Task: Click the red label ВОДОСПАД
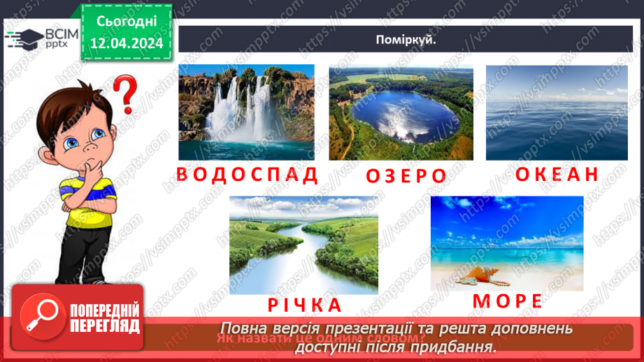[x=248, y=174]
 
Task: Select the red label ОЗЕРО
[x=406, y=175]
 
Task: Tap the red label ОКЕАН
[x=557, y=174]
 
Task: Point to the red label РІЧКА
[x=303, y=305]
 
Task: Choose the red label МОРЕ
[x=508, y=301]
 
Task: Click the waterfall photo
[x=246, y=113]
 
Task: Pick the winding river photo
[x=303, y=245]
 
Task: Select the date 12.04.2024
[x=127, y=43]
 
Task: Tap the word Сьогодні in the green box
[x=127, y=22]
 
